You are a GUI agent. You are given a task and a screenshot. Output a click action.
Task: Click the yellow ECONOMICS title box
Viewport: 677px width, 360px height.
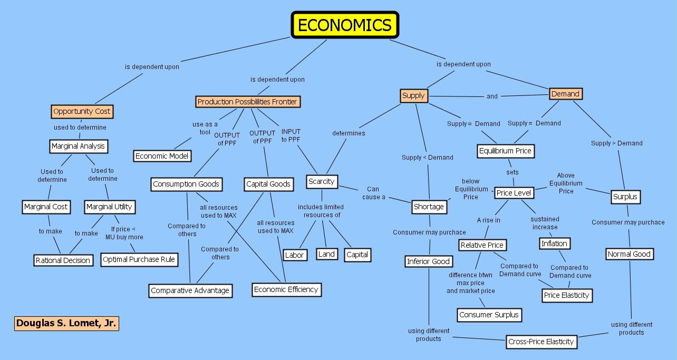[x=345, y=25]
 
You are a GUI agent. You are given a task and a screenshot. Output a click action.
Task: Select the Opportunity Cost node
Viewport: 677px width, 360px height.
[x=82, y=111]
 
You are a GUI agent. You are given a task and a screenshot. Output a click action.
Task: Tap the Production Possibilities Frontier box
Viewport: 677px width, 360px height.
[x=247, y=101]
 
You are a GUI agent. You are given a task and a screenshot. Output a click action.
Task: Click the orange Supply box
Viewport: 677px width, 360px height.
[x=413, y=95]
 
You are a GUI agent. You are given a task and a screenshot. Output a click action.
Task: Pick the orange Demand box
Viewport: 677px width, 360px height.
[x=565, y=94]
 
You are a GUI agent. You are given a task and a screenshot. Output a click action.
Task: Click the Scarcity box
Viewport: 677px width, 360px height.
[x=322, y=181]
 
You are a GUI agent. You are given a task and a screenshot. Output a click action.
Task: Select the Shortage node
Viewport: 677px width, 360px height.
[x=429, y=207]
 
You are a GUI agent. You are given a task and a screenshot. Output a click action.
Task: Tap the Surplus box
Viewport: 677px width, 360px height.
[x=625, y=197]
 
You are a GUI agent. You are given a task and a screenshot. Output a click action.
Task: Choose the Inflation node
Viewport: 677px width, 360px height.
[x=555, y=244]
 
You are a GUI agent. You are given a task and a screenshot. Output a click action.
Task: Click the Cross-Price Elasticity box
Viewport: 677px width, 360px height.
[x=541, y=342]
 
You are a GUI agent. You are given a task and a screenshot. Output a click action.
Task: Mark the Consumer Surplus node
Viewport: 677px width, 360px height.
[x=489, y=315]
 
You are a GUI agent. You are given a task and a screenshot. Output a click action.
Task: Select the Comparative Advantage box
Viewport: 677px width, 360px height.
[x=190, y=290]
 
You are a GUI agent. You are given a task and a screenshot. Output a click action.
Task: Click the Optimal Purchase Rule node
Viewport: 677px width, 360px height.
[x=139, y=259]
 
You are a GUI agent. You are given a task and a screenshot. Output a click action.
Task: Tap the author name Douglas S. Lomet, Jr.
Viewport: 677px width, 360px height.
[x=66, y=323]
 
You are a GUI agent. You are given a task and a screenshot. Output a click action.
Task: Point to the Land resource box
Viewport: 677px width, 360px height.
[x=326, y=254]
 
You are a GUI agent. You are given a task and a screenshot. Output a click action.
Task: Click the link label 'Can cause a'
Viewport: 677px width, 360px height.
[x=373, y=193]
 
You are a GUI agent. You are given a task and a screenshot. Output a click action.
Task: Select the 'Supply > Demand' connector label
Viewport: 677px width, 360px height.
[x=617, y=143]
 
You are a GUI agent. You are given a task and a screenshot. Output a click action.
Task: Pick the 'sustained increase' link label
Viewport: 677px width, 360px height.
[x=545, y=223]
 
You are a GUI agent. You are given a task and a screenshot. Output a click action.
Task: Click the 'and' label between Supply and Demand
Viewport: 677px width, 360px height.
[x=492, y=96]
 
